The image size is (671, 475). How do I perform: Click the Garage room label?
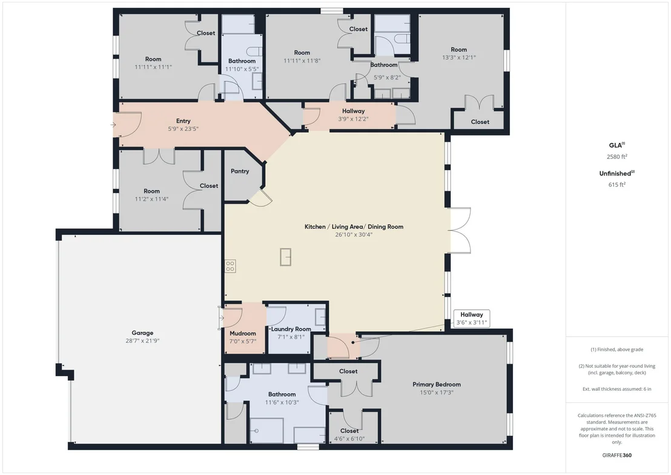(142, 333)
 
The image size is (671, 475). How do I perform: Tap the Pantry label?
(240, 171)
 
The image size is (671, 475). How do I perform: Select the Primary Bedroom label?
(437, 384)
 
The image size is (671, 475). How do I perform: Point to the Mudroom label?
(243, 333)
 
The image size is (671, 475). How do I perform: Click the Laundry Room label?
(291, 329)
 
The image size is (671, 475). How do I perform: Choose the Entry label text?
(183, 121)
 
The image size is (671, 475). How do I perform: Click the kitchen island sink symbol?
(285, 257)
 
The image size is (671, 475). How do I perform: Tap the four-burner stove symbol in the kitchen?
(230, 266)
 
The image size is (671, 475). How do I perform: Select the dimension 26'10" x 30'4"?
(354, 234)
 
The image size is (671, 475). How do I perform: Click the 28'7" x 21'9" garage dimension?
(142, 341)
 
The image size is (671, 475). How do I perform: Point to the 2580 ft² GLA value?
(616, 156)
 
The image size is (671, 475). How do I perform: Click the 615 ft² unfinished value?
(616, 185)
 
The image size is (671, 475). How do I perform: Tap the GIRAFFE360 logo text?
(616, 455)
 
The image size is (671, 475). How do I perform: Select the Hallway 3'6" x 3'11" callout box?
(472, 318)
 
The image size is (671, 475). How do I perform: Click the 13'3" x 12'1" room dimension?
(459, 58)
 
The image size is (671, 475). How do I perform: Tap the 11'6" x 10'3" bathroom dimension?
(282, 402)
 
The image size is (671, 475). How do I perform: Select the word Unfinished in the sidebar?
(615, 173)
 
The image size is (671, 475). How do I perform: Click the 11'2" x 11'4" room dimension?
(151, 199)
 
